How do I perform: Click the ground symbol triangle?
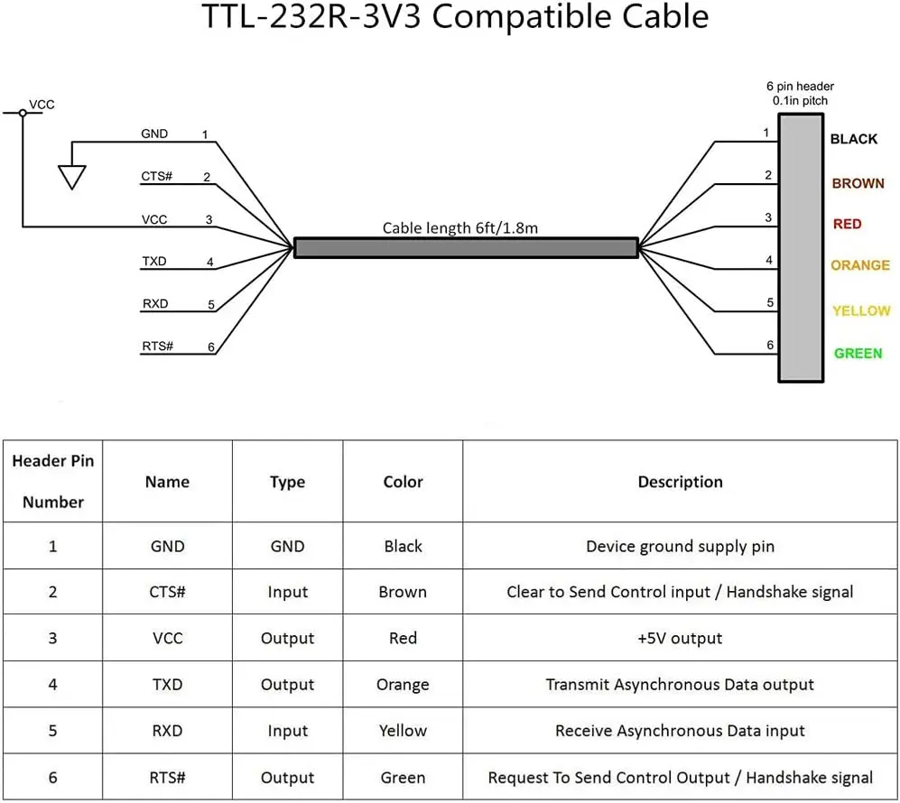tap(71, 176)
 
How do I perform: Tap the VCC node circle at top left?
tap(23, 113)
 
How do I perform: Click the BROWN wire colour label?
tap(858, 183)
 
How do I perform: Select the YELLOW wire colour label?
tap(861, 310)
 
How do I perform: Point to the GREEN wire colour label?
tap(858, 353)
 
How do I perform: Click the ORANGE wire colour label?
tap(860, 265)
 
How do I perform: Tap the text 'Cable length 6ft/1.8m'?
tap(459, 227)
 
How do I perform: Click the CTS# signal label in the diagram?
tap(157, 176)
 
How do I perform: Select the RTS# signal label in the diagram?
tap(157, 346)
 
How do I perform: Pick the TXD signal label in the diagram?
tap(154, 262)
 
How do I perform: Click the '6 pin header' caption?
tap(800, 87)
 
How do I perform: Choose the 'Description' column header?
tap(680, 482)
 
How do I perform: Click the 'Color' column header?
tap(403, 482)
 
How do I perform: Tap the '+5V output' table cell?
tap(680, 638)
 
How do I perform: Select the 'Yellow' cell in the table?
tap(403, 731)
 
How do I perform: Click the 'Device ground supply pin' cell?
tap(680, 546)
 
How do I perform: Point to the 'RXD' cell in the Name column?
tap(167, 731)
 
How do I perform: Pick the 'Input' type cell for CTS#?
tap(287, 592)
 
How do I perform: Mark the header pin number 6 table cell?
tap(52, 778)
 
